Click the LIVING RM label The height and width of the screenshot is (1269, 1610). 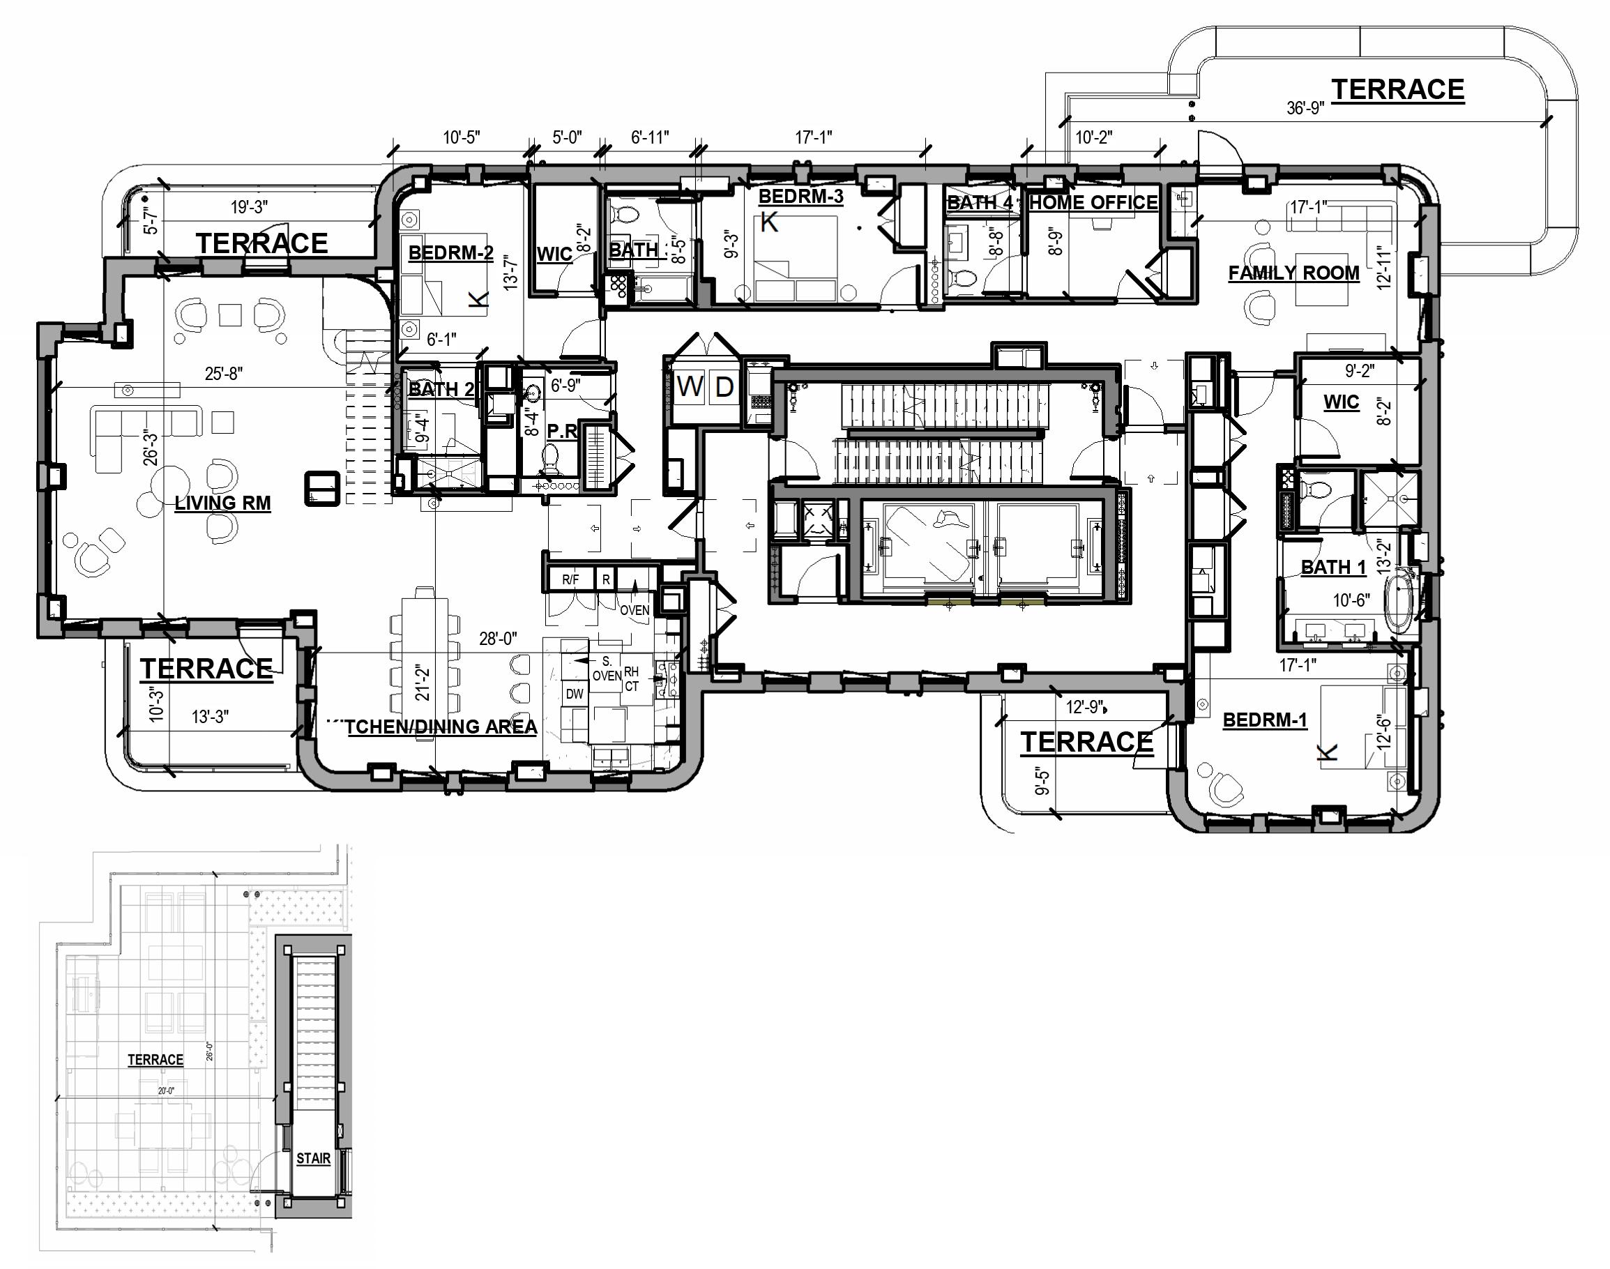coord(222,503)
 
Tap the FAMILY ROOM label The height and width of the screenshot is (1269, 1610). coord(1293,273)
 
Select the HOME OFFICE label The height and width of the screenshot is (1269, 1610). coord(1093,202)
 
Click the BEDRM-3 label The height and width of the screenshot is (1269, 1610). coord(800,196)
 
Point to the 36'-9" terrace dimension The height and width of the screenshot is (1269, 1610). coord(1305,109)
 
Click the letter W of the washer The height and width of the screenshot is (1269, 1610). coord(690,387)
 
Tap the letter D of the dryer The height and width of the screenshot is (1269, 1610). coord(724,387)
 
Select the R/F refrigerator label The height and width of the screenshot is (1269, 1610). coord(570,579)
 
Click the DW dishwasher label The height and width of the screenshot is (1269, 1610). coord(575,694)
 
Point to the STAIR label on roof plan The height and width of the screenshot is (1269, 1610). coord(313,1158)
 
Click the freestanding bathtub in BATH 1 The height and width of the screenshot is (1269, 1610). coord(1401,601)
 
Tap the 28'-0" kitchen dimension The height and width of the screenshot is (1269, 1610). coord(498,639)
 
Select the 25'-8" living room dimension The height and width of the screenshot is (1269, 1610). coord(224,374)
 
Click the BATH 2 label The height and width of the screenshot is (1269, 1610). coord(441,388)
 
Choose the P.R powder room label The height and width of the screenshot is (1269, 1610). coord(562,431)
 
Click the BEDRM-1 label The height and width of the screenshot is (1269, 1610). coord(1265,720)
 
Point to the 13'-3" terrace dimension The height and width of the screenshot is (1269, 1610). coord(211,717)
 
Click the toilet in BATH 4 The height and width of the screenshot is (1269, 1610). coord(964,279)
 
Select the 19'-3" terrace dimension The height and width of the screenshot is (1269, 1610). coord(249,206)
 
